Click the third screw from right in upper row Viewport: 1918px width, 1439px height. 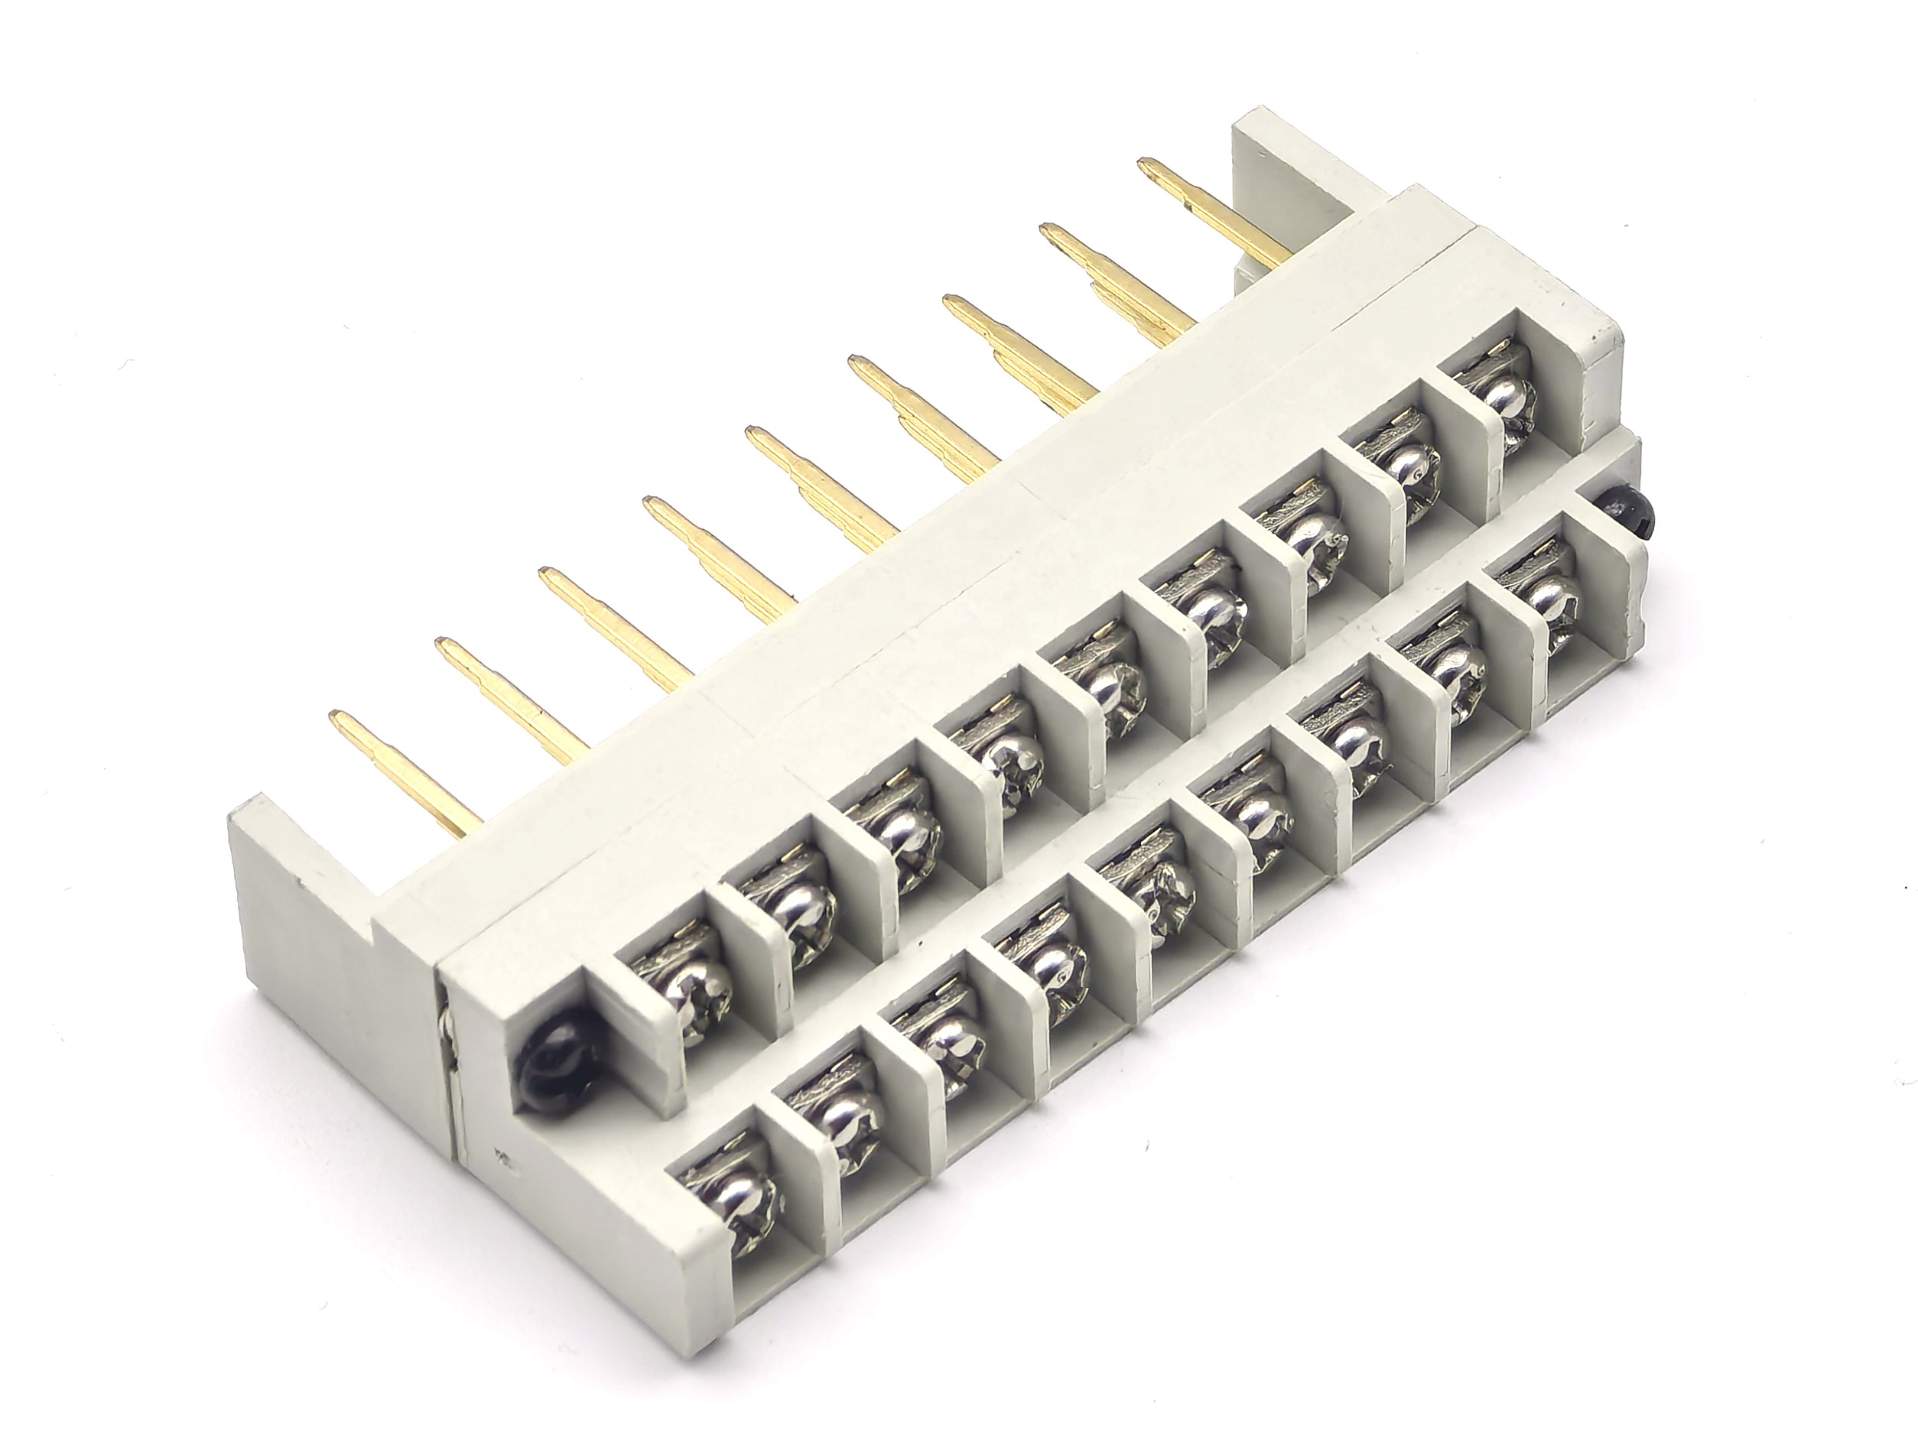1305,537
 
